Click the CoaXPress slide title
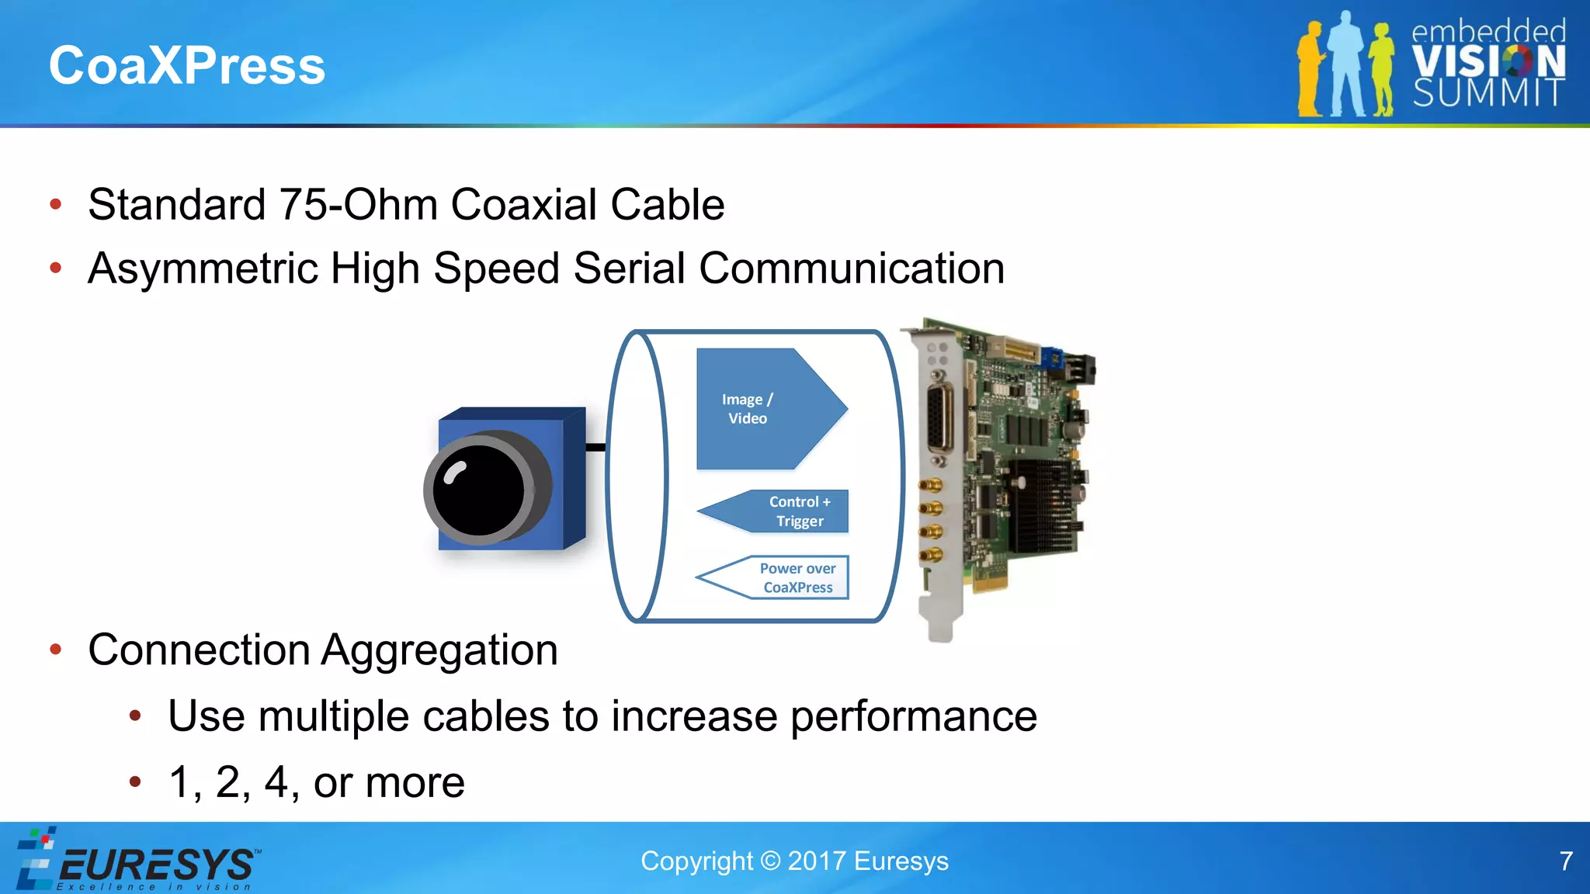pos(186,65)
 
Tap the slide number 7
pos(1566,861)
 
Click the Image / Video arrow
pos(761,409)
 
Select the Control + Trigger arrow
pos(784,511)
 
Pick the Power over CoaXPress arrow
pos(784,578)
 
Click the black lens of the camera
pos(477,490)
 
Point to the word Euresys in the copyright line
pos(901,861)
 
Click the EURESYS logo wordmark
pos(155,864)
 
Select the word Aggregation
pos(439,650)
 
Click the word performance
pos(913,716)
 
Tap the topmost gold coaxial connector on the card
pos(931,486)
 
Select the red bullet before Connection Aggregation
pos(55,650)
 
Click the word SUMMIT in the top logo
pos(1488,93)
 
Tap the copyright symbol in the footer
pos(770,861)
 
